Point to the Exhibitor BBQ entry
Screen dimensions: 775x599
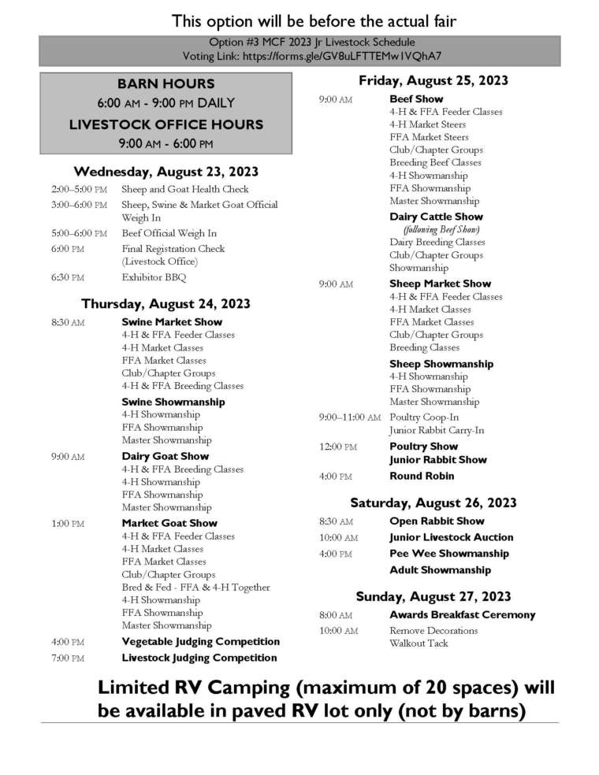click(154, 277)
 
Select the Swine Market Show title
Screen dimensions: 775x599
click(172, 321)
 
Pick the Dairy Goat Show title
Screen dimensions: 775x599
click(166, 456)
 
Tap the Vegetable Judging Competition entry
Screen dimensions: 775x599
click(200, 641)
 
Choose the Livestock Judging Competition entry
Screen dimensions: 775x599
click(199, 658)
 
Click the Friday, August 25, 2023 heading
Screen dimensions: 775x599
click(433, 80)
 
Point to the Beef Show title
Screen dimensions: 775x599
click(416, 99)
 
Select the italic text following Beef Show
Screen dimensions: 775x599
click(437, 229)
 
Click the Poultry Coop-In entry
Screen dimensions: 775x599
click(424, 417)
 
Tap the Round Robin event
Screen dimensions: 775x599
click(422, 476)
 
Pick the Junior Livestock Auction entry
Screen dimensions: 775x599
click(451, 537)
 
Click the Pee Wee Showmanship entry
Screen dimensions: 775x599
click(449, 554)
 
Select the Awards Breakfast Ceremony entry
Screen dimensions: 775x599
click(462, 614)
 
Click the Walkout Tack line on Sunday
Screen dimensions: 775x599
click(419, 643)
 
